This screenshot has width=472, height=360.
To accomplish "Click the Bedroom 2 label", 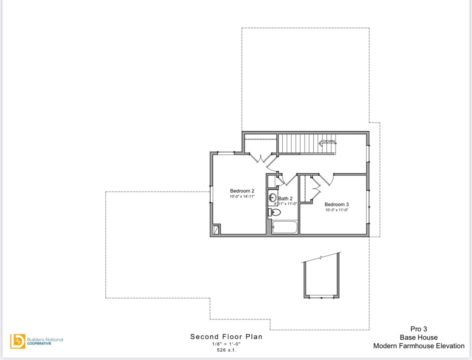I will [x=242, y=191].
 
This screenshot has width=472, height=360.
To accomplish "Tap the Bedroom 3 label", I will [x=336, y=204].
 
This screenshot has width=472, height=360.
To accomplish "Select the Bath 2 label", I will [x=285, y=198].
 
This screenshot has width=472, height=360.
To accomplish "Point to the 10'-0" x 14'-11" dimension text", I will [x=242, y=196].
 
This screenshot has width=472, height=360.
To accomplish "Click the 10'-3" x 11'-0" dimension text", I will [x=336, y=210].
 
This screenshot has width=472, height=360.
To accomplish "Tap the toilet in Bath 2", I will [x=275, y=213].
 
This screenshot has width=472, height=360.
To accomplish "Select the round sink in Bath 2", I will [x=273, y=198].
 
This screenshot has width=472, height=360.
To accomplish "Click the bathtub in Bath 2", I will [x=285, y=227].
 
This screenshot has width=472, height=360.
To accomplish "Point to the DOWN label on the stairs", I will [x=329, y=141].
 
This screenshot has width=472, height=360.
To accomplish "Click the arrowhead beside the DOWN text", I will [x=320, y=142].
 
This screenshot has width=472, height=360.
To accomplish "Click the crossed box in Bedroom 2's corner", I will [x=216, y=229].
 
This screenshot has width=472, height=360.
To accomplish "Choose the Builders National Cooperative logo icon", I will [x=18, y=341].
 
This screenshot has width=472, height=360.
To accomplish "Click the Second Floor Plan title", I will [x=226, y=336].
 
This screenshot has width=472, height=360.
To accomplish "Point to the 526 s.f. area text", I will [x=226, y=350].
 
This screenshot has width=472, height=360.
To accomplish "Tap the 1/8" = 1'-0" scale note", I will [x=226, y=344].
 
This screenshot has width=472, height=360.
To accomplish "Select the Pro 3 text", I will [x=418, y=329].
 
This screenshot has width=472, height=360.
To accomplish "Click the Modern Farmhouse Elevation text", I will [x=418, y=346].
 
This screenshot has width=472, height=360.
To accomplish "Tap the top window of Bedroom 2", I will [x=226, y=153].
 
